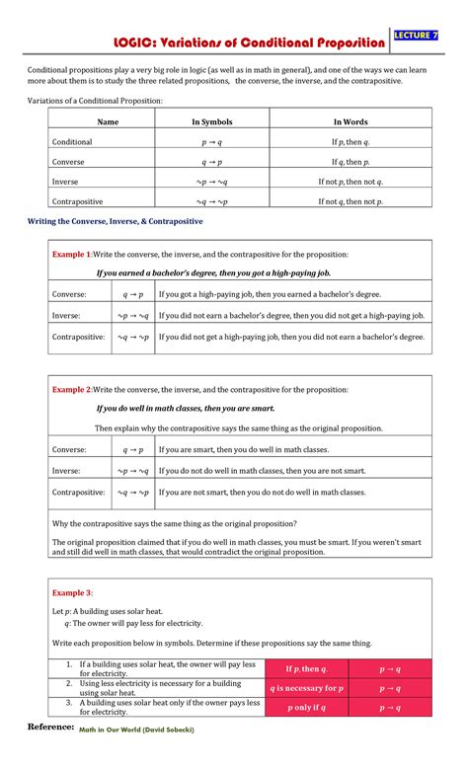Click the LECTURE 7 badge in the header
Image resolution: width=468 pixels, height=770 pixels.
416,37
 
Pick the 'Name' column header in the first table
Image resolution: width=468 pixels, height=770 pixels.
108,121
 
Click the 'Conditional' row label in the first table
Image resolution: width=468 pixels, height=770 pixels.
72,142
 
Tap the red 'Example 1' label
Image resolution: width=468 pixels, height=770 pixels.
71,255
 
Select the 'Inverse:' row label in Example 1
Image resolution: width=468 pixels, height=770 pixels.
66,315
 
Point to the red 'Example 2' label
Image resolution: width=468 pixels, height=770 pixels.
71,390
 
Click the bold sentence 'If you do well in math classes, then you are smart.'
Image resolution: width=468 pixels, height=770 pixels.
186,408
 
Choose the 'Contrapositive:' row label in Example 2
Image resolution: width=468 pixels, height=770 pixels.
78,492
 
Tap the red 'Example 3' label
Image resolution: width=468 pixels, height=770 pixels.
71,592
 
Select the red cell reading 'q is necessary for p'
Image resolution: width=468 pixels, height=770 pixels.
306,688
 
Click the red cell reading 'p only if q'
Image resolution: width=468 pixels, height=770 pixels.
306,708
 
